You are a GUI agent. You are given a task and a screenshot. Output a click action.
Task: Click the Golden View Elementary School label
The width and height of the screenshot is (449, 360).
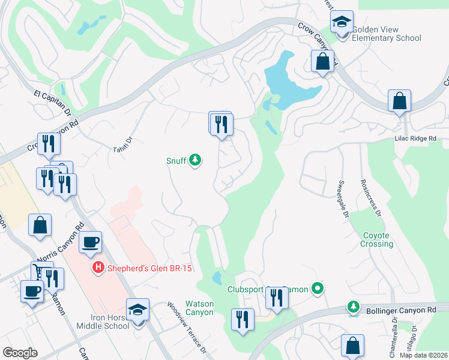point(386,34)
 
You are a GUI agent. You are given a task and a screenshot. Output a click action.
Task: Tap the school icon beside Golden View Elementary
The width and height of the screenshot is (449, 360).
point(342,22)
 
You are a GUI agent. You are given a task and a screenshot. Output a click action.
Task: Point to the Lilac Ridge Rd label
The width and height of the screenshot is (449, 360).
point(414,139)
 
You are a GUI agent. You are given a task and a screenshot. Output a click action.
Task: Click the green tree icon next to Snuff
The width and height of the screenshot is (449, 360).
point(194,160)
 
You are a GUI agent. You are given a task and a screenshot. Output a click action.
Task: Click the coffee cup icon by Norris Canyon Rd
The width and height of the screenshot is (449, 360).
point(90,242)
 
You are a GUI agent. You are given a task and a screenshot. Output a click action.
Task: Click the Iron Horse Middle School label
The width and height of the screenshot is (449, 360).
point(103,321)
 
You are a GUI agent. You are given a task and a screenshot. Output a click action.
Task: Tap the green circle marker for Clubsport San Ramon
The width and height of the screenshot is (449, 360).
point(319,289)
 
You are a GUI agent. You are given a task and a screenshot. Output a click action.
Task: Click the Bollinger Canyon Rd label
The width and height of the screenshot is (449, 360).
point(400,309)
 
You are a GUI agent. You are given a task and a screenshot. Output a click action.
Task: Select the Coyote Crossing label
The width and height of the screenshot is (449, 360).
point(377,240)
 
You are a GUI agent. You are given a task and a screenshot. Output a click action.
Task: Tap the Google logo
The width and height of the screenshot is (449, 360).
point(20,353)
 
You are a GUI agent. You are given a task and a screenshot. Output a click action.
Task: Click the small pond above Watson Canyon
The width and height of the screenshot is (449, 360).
point(217,278)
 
